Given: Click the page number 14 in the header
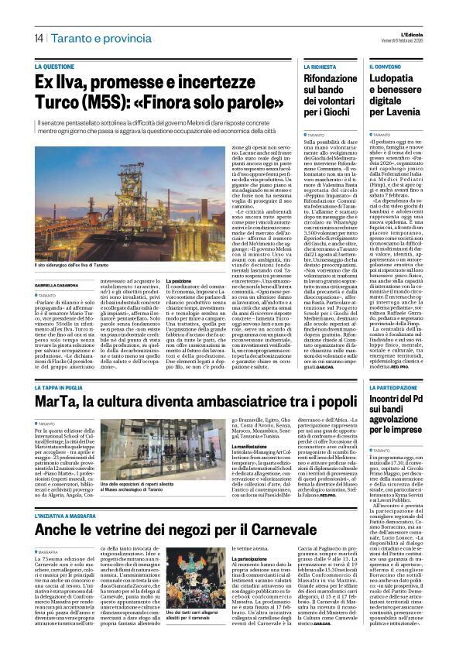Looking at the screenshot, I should [38, 37].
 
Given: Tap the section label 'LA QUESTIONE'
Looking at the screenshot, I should [60, 67].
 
